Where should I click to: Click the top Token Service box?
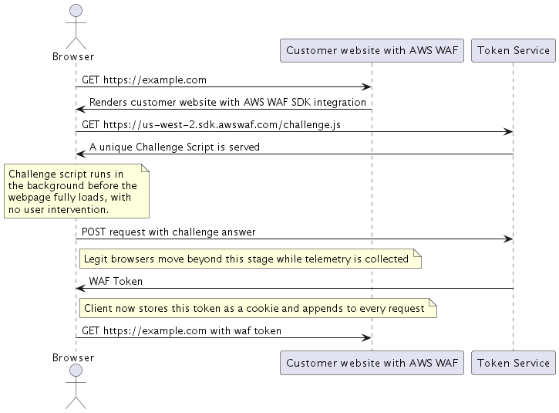click(x=514, y=51)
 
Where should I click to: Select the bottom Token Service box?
click(x=514, y=363)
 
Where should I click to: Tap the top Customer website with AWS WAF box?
click(x=372, y=51)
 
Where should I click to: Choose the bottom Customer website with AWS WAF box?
click(x=372, y=363)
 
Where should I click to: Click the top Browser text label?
click(x=74, y=56)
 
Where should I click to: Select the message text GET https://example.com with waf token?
click(x=181, y=330)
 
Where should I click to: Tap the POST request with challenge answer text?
click(x=168, y=232)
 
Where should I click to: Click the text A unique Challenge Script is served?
click(x=174, y=147)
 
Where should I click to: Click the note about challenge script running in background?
click(x=76, y=191)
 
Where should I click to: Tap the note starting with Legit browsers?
click(x=250, y=259)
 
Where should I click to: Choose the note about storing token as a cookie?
click(x=258, y=309)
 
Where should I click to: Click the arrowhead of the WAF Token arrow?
click(x=79, y=289)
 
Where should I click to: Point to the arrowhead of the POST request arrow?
click(x=509, y=239)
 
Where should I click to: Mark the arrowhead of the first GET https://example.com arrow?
click(x=368, y=87)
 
